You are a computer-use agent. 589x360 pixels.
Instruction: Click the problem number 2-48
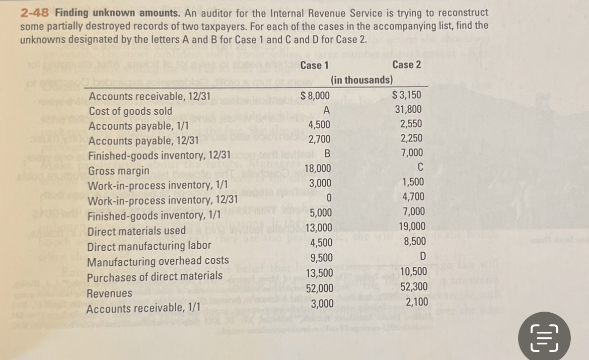pos(35,12)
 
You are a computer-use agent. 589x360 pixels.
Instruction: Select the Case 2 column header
pos(407,64)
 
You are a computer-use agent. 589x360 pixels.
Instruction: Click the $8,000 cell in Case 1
pos(315,96)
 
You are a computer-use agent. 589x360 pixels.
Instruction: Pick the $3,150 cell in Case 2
pos(407,95)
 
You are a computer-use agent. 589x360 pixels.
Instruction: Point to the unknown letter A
pos(326,110)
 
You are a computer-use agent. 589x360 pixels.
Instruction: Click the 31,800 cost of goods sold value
pos(408,110)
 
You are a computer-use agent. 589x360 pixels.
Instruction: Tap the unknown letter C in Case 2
pos(420,168)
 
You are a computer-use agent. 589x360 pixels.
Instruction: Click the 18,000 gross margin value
pos(318,169)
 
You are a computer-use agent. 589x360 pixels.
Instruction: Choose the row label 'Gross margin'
pos(119,171)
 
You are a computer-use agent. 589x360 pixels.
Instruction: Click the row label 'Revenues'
pos(109,293)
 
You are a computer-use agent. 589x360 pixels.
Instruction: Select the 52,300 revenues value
pos(414,287)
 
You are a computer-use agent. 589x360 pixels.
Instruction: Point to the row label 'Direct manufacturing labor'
pos(150,247)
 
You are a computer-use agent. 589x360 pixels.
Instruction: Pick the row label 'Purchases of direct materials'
pos(155,276)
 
